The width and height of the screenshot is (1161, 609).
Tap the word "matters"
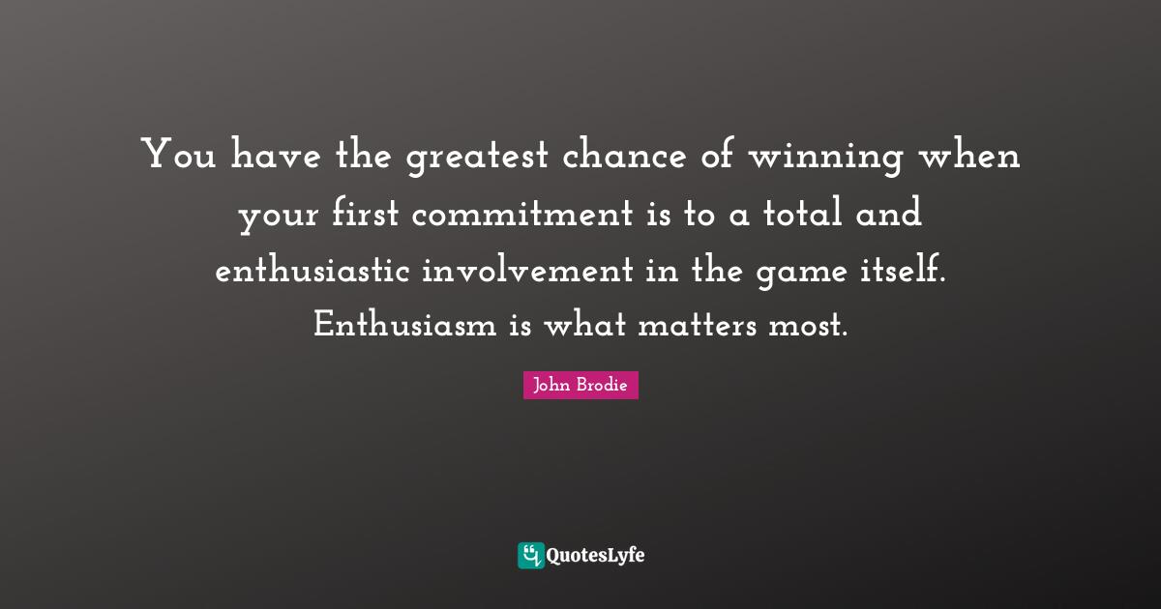(x=696, y=325)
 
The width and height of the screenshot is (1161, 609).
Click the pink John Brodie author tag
(x=580, y=386)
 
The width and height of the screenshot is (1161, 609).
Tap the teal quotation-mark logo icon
(x=530, y=555)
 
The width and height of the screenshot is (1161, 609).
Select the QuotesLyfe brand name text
(x=596, y=556)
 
